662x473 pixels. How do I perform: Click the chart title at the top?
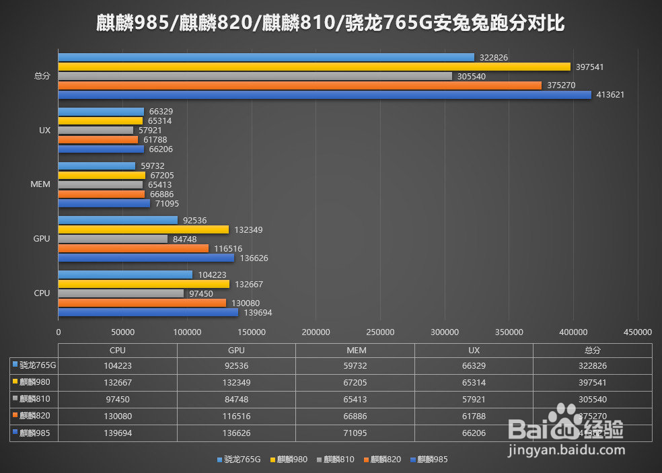coord(330,24)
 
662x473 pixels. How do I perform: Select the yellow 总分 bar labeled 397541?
coord(314,67)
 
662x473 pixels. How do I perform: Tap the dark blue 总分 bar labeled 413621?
coord(325,95)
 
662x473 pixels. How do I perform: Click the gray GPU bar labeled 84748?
coord(113,239)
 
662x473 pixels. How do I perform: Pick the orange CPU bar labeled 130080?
coord(142,303)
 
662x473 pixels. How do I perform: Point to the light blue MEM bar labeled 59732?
coord(97,166)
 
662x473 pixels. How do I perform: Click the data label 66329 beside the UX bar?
coord(161,112)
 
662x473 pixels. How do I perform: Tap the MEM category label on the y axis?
coord(40,184)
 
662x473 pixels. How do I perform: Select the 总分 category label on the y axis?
coord(42,76)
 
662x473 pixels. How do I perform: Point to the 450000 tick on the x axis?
coord(638,332)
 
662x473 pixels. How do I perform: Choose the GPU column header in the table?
coord(236,351)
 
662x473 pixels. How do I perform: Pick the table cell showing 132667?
coord(118,384)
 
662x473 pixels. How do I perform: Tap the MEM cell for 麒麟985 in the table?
coord(355,434)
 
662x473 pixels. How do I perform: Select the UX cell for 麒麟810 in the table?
coord(474,400)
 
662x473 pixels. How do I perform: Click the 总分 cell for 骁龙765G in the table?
coord(593,367)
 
